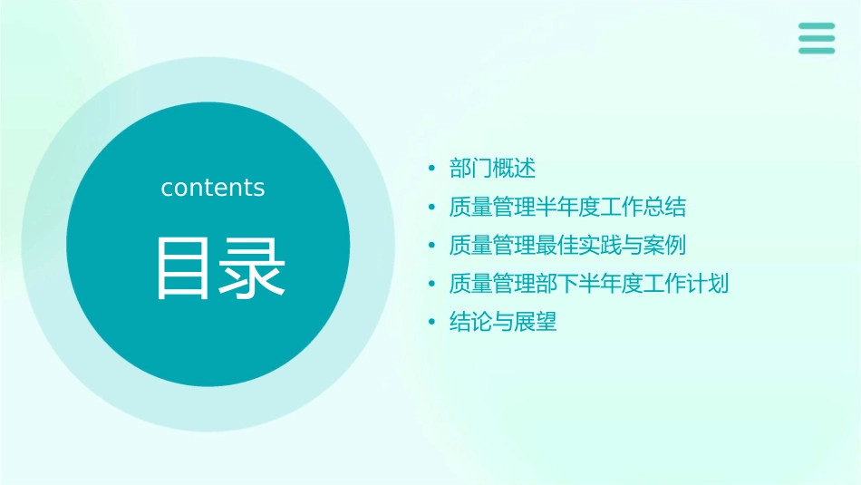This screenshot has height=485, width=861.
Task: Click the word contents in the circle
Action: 213,188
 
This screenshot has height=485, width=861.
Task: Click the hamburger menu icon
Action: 817,38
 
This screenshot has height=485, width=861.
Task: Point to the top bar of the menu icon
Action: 817,25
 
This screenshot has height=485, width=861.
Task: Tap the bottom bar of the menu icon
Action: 817,51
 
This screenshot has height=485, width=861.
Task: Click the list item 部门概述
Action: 493,169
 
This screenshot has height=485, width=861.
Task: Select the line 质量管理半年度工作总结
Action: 567,208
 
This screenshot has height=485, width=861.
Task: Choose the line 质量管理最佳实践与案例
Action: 567,246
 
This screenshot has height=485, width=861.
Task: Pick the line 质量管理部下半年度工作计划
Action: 589,284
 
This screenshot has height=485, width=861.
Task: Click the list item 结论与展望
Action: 503,322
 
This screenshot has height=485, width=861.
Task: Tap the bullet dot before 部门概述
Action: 432,169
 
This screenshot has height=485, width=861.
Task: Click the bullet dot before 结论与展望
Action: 432,322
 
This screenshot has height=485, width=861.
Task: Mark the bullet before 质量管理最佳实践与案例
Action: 432,246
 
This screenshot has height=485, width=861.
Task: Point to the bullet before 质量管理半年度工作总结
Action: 432,208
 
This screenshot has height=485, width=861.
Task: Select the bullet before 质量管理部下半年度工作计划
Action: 432,284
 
